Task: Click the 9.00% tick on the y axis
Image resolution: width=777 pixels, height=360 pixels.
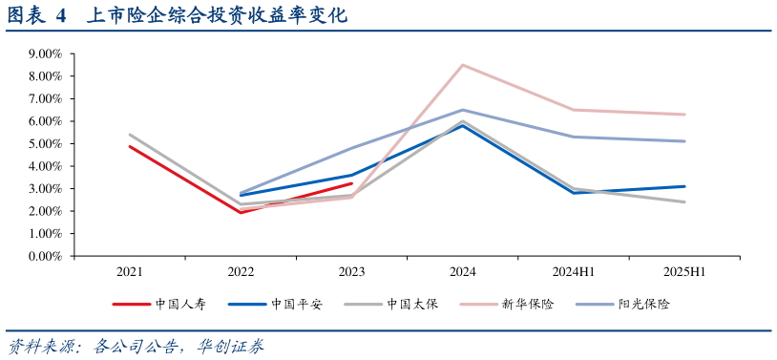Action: [x=43, y=53]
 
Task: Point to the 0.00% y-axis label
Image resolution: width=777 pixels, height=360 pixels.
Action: [x=43, y=256]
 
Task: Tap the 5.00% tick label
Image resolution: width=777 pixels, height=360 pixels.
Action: [x=43, y=143]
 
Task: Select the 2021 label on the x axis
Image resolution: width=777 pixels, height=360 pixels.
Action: [x=130, y=272]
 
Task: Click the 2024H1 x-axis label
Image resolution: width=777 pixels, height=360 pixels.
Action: [x=574, y=272]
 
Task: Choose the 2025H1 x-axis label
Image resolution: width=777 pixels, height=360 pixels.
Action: [x=683, y=272]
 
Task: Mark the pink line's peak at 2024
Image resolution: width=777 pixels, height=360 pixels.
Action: [x=463, y=65]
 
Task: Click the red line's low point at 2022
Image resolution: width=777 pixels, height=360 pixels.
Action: [x=241, y=212]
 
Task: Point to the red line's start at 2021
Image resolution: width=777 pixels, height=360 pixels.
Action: [x=130, y=146]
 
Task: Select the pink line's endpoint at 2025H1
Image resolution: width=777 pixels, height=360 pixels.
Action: [x=684, y=115]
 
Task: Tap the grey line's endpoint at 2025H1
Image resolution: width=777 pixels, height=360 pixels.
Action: [x=684, y=201]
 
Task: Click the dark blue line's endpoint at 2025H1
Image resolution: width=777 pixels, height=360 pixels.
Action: [x=684, y=186]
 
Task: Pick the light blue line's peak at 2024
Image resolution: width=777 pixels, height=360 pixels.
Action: [x=463, y=110]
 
